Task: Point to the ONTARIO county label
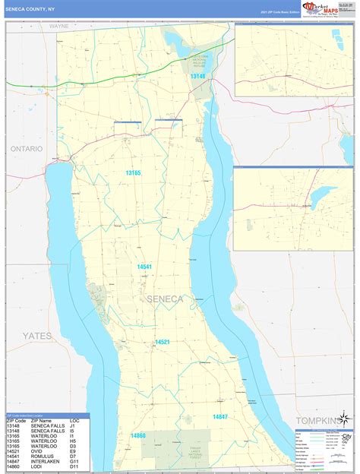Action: pos(27,149)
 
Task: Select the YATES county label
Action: pos(36,334)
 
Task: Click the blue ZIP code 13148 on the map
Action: pos(197,77)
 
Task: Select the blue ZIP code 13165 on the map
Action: pos(133,173)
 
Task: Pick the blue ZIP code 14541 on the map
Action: pos(144,267)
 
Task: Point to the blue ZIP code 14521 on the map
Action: pos(163,343)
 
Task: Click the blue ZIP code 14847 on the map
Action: pos(220,417)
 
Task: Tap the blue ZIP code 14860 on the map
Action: pos(137,435)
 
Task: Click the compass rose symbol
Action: pos(345,419)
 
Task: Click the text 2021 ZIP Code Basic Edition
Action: pos(279,12)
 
